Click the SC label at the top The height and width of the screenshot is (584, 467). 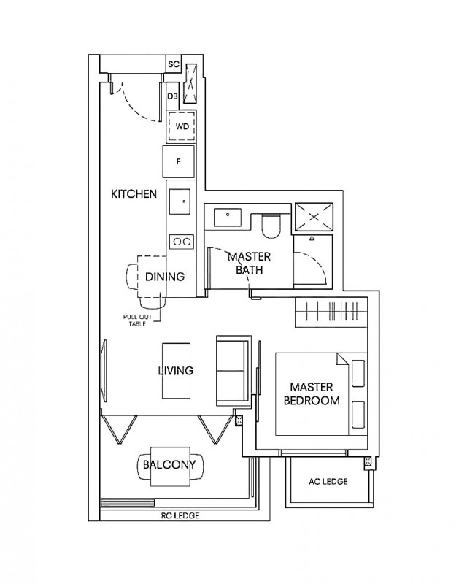[x=174, y=64]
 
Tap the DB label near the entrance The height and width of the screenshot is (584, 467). [x=173, y=96]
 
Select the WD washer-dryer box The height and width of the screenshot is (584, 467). [x=182, y=126]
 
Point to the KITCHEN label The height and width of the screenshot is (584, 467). [x=134, y=194]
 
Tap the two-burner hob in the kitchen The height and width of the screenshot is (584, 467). [x=181, y=242]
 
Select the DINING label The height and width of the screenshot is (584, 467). [x=165, y=277]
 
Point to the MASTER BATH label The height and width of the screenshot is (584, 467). [x=249, y=264]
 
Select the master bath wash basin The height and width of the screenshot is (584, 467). [x=230, y=216]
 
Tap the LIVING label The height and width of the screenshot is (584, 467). [x=176, y=371]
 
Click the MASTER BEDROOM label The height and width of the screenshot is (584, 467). [x=314, y=393]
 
